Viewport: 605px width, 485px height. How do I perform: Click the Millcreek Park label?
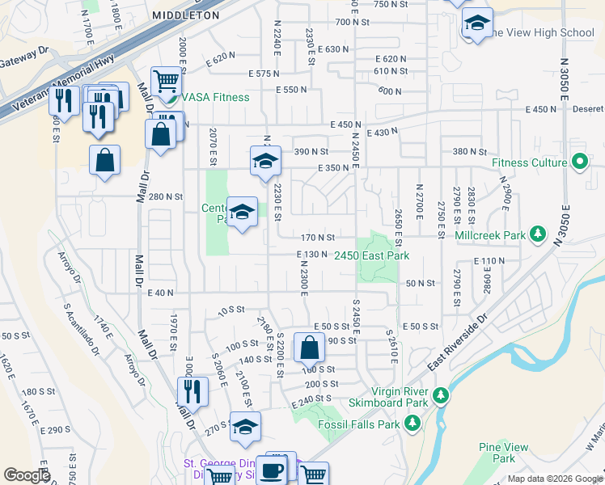pos(490,235)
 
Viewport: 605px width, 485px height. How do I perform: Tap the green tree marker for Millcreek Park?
pos(535,235)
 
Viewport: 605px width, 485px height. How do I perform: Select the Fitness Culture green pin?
pos(579,162)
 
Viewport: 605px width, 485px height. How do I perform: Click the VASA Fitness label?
pos(216,98)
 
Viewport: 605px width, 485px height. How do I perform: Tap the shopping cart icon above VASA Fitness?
pos(165,81)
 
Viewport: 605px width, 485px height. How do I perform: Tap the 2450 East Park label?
pos(371,255)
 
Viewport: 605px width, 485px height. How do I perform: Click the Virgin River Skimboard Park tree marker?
pos(441,395)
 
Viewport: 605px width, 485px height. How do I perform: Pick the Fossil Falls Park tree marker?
pos(412,424)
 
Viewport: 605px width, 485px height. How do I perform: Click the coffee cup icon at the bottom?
pos(271,470)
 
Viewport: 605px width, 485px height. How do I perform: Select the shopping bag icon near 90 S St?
pos(309,348)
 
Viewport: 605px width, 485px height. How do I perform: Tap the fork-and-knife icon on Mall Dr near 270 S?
pos(192,391)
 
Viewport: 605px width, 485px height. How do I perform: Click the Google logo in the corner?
pos(26,475)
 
